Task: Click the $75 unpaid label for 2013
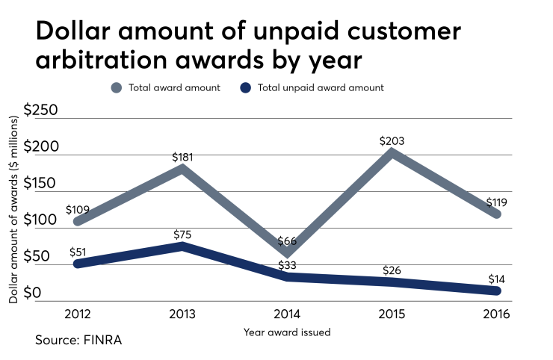182,235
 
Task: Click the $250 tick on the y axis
40,111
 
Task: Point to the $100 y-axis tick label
40,220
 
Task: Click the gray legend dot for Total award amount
116,87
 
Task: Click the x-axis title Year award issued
287,331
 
